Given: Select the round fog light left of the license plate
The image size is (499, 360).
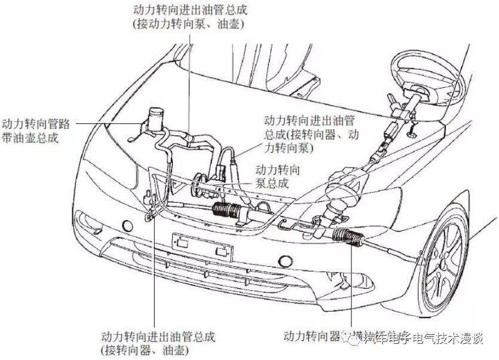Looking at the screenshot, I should click(127, 225).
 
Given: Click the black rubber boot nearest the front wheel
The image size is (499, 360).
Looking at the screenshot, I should click(348, 237).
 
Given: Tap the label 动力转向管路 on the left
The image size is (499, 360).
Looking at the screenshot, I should click(36, 124).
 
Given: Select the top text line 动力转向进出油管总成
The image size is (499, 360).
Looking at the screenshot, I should click(191, 10).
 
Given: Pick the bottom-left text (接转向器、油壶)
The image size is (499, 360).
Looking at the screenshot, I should click(145, 349).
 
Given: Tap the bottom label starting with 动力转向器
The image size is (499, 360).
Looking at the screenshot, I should click(317, 335).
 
